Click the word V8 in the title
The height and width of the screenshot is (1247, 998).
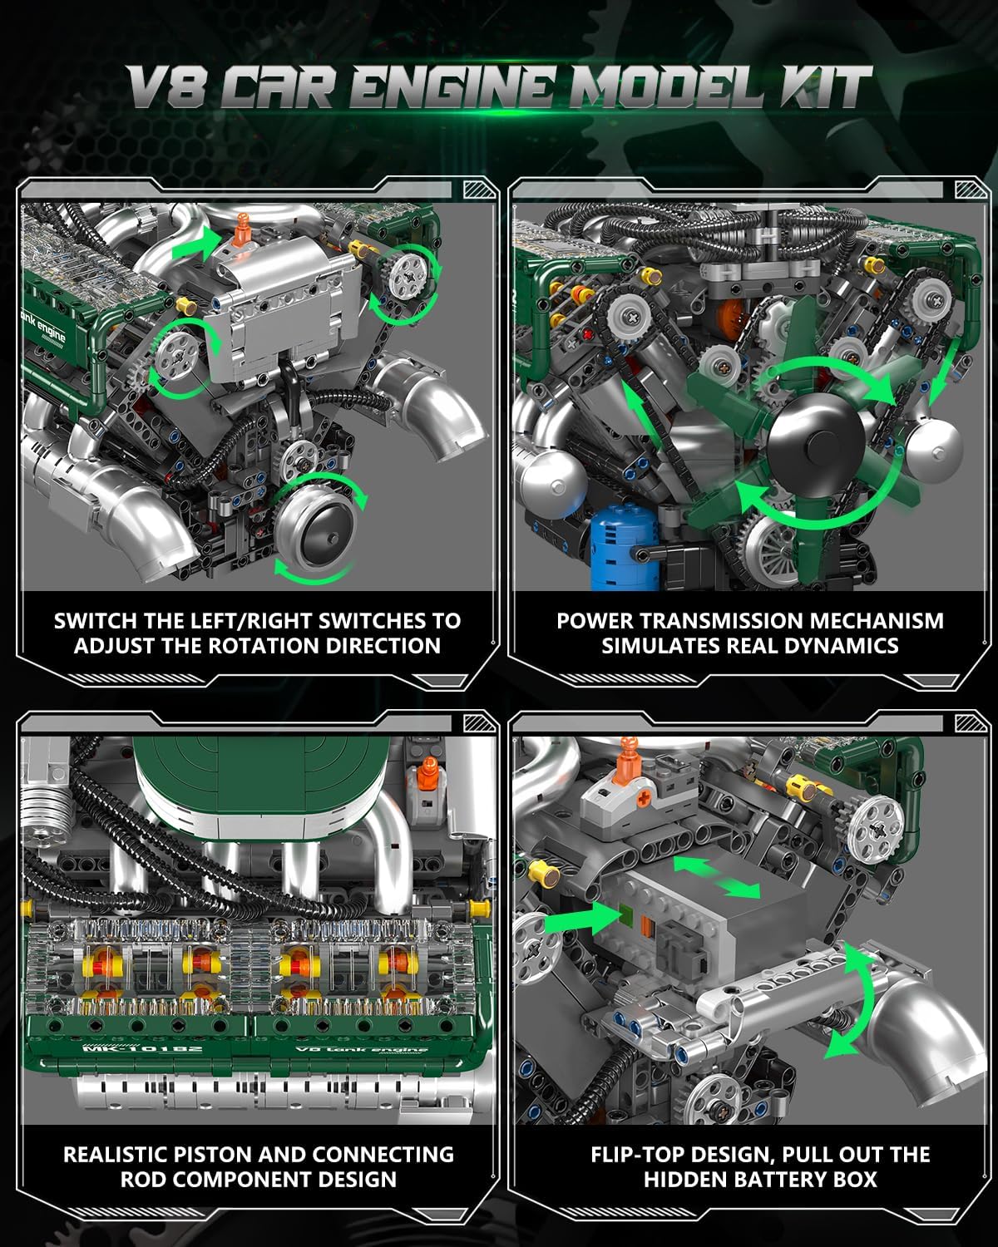click(x=166, y=87)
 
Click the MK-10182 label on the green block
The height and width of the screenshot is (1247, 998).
click(x=143, y=1048)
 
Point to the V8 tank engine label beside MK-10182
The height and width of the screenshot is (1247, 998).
click(x=362, y=1048)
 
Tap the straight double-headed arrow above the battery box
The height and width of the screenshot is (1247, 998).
click(x=717, y=877)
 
